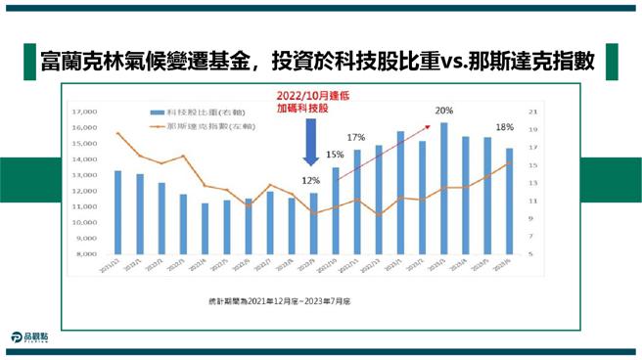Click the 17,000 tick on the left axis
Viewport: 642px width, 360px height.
pyautogui.click(x=88, y=112)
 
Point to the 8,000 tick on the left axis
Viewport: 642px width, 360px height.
pyautogui.click(x=90, y=254)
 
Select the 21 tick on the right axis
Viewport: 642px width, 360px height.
pyautogui.click(x=532, y=111)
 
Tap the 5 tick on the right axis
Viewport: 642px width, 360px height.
pyautogui.click(x=530, y=254)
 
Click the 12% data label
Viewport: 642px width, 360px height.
pyautogui.click(x=311, y=181)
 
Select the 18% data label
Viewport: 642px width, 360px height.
pyautogui.click(x=505, y=128)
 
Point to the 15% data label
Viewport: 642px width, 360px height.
pyautogui.click(x=335, y=155)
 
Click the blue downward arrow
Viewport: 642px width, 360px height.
pyautogui.click(x=309, y=148)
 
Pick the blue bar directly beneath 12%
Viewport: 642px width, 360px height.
pyautogui.click(x=313, y=223)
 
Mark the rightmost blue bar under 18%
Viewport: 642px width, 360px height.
pyautogui.click(x=509, y=201)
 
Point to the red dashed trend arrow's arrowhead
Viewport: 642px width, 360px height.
pyautogui.click(x=431, y=124)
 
